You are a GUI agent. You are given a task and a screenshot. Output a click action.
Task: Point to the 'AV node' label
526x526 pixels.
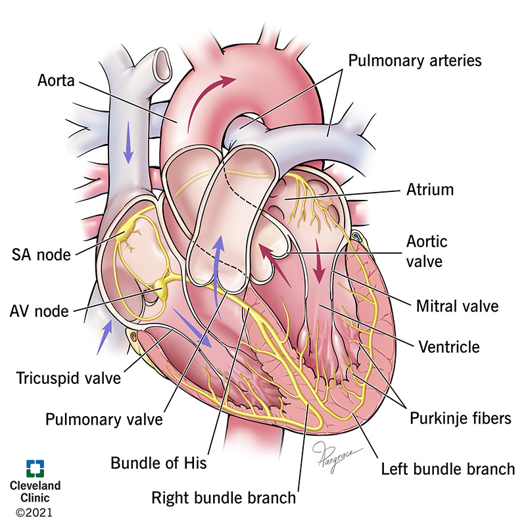pos(45,310)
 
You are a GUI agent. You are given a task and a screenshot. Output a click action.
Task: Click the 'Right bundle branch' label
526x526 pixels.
pos(224,497)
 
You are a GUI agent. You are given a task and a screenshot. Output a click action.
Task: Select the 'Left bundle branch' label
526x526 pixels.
pos(448,469)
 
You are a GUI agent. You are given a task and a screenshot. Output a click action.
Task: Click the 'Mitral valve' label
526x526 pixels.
pos(458,306)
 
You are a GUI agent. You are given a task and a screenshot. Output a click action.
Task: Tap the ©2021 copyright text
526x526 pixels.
pos(34,511)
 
